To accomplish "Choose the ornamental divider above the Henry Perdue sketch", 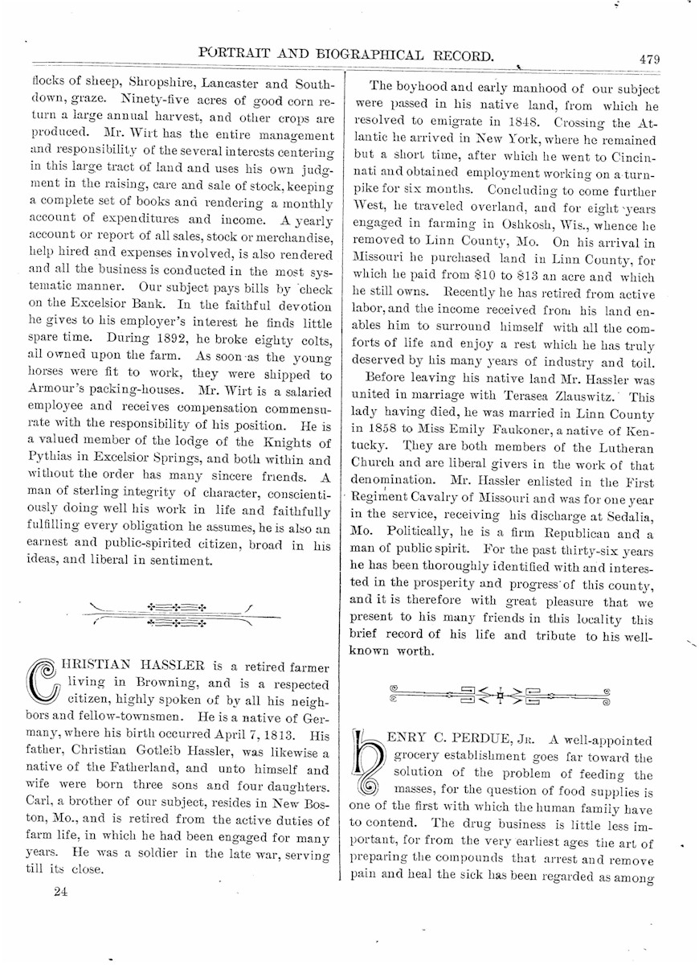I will (x=500, y=693).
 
